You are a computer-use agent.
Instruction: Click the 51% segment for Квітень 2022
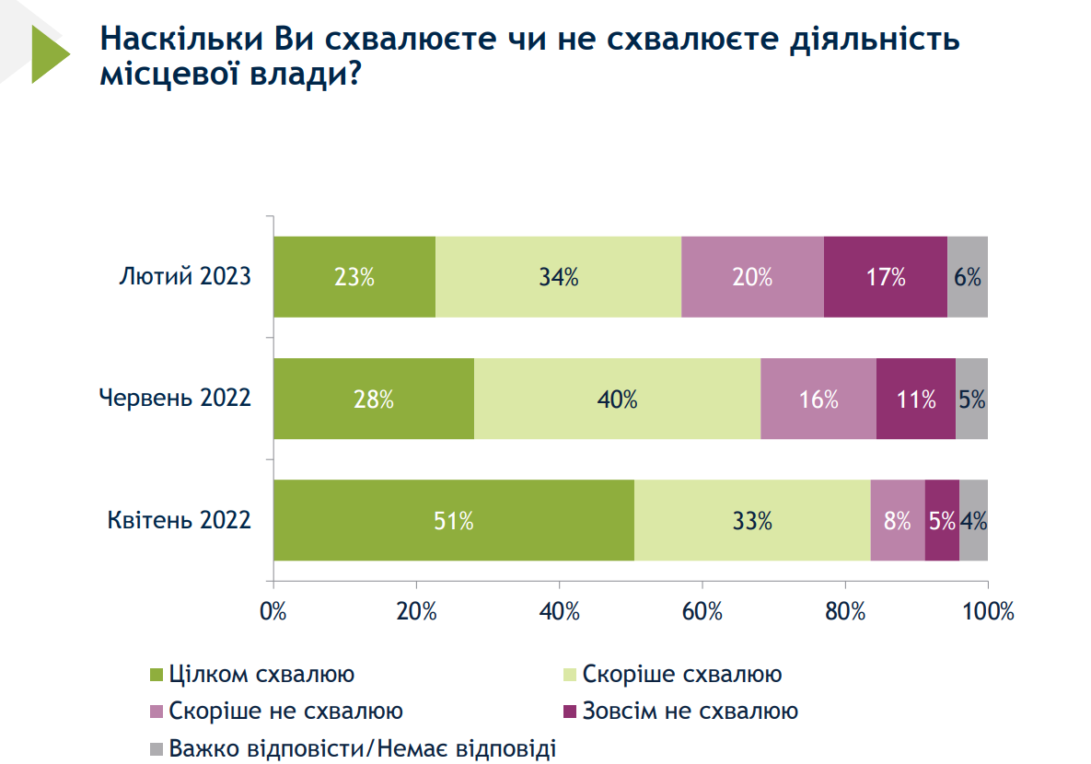pyautogui.click(x=454, y=521)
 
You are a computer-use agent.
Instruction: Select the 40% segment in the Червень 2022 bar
pyautogui.click(x=617, y=399)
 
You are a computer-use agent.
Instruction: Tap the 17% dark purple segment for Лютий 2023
pyautogui.click(x=885, y=277)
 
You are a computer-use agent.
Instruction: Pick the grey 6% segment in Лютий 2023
pyautogui.click(x=967, y=277)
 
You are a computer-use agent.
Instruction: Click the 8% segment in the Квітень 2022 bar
pyautogui.click(x=897, y=521)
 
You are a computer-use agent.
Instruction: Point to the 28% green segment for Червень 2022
pyautogui.click(x=374, y=399)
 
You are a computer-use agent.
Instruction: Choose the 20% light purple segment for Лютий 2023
pyautogui.click(x=752, y=277)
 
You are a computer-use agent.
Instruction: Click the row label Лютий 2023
pyautogui.click(x=185, y=277)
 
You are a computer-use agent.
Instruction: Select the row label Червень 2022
pyautogui.click(x=175, y=399)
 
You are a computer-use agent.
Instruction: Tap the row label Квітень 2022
pyautogui.click(x=180, y=521)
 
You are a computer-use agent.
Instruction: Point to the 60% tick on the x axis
pyautogui.click(x=702, y=611)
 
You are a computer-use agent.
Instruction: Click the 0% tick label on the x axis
pyautogui.click(x=273, y=611)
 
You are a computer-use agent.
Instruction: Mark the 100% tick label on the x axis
pyautogui.click(x=986, y=611)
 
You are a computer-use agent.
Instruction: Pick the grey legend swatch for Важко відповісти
pyautogui.click(x=156, y=748)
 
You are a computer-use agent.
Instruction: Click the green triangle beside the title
pyautogui.click(x=49, y=53)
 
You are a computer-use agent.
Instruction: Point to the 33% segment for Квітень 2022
pyautogui.click(x=752, y=521)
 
